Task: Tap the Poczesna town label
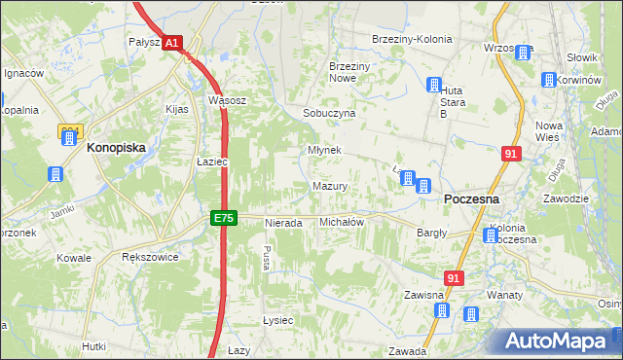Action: pos(471,198)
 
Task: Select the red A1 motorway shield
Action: pos(170,44)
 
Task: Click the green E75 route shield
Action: pos(223,219)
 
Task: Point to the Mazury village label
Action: pos(331,186)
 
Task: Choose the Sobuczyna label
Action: pos(329,113)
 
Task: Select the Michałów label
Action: pos(342,222)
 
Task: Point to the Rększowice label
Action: pos(147,258)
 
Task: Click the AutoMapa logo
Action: pos(557,342)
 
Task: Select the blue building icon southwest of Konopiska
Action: pos(55,174)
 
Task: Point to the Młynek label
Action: pos(324,150)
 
